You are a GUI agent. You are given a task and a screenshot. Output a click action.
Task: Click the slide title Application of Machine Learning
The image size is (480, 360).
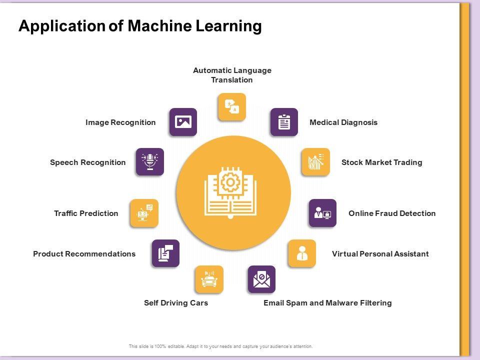point(140,26)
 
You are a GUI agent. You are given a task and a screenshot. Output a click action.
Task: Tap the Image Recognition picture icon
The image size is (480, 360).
point(183,122)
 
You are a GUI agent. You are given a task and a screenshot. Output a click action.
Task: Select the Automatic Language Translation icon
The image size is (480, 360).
point(232,106)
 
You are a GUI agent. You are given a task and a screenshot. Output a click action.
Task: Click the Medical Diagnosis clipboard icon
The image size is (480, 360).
point(284,122)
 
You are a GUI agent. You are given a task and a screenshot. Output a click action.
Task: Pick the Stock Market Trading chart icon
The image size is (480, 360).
point(315,162)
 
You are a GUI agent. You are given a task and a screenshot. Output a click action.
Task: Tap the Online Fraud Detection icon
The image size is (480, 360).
point(322,213)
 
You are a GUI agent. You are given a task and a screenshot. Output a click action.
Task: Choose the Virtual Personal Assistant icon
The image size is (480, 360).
point(302,253)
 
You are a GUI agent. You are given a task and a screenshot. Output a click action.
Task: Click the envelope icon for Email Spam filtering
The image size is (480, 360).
point(261,279)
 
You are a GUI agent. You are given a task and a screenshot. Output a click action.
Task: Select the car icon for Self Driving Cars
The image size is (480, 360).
point(209,279)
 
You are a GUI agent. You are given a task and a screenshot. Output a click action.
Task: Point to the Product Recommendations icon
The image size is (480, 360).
point(165,253)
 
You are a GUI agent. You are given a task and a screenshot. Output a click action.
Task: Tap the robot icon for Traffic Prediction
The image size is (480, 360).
point(144,213)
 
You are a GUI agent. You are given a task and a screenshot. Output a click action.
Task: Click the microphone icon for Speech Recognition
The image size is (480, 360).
point(150,161)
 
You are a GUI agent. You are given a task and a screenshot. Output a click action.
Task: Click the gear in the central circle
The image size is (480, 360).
point(230,183)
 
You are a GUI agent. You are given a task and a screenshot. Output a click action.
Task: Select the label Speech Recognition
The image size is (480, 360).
point(88,162)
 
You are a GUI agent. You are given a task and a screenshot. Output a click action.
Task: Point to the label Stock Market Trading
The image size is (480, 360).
point(381,162)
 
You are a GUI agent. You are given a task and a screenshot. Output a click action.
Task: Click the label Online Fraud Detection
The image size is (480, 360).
point(392,213)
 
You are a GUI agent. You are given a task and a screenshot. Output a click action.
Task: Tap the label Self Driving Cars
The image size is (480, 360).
point(176,302)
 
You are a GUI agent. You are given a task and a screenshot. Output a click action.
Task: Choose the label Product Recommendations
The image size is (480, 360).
point(84,253)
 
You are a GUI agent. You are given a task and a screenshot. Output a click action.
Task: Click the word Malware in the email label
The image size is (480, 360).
point(342,302)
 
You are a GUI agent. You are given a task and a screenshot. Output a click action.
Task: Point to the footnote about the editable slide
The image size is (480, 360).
point(220,346)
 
